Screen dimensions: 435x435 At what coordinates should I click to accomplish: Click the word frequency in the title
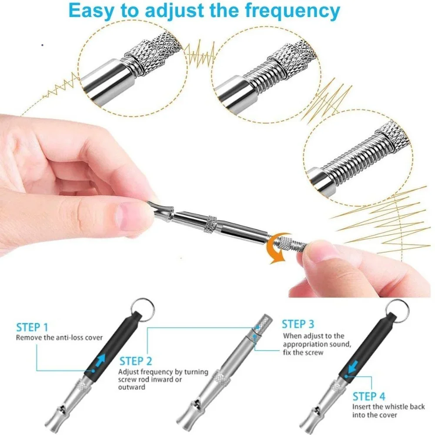click(x=292, y=11)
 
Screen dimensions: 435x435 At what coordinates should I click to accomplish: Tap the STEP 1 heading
click(x=32, y=328)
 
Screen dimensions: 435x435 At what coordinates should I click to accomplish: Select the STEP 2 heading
click(x=136, y=361)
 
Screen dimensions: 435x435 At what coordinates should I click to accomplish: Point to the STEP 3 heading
click(x=298, y=324)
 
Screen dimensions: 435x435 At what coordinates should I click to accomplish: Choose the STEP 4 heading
click(x=369, y=396)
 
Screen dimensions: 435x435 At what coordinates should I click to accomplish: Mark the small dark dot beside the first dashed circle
click(x=42, y=45)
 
